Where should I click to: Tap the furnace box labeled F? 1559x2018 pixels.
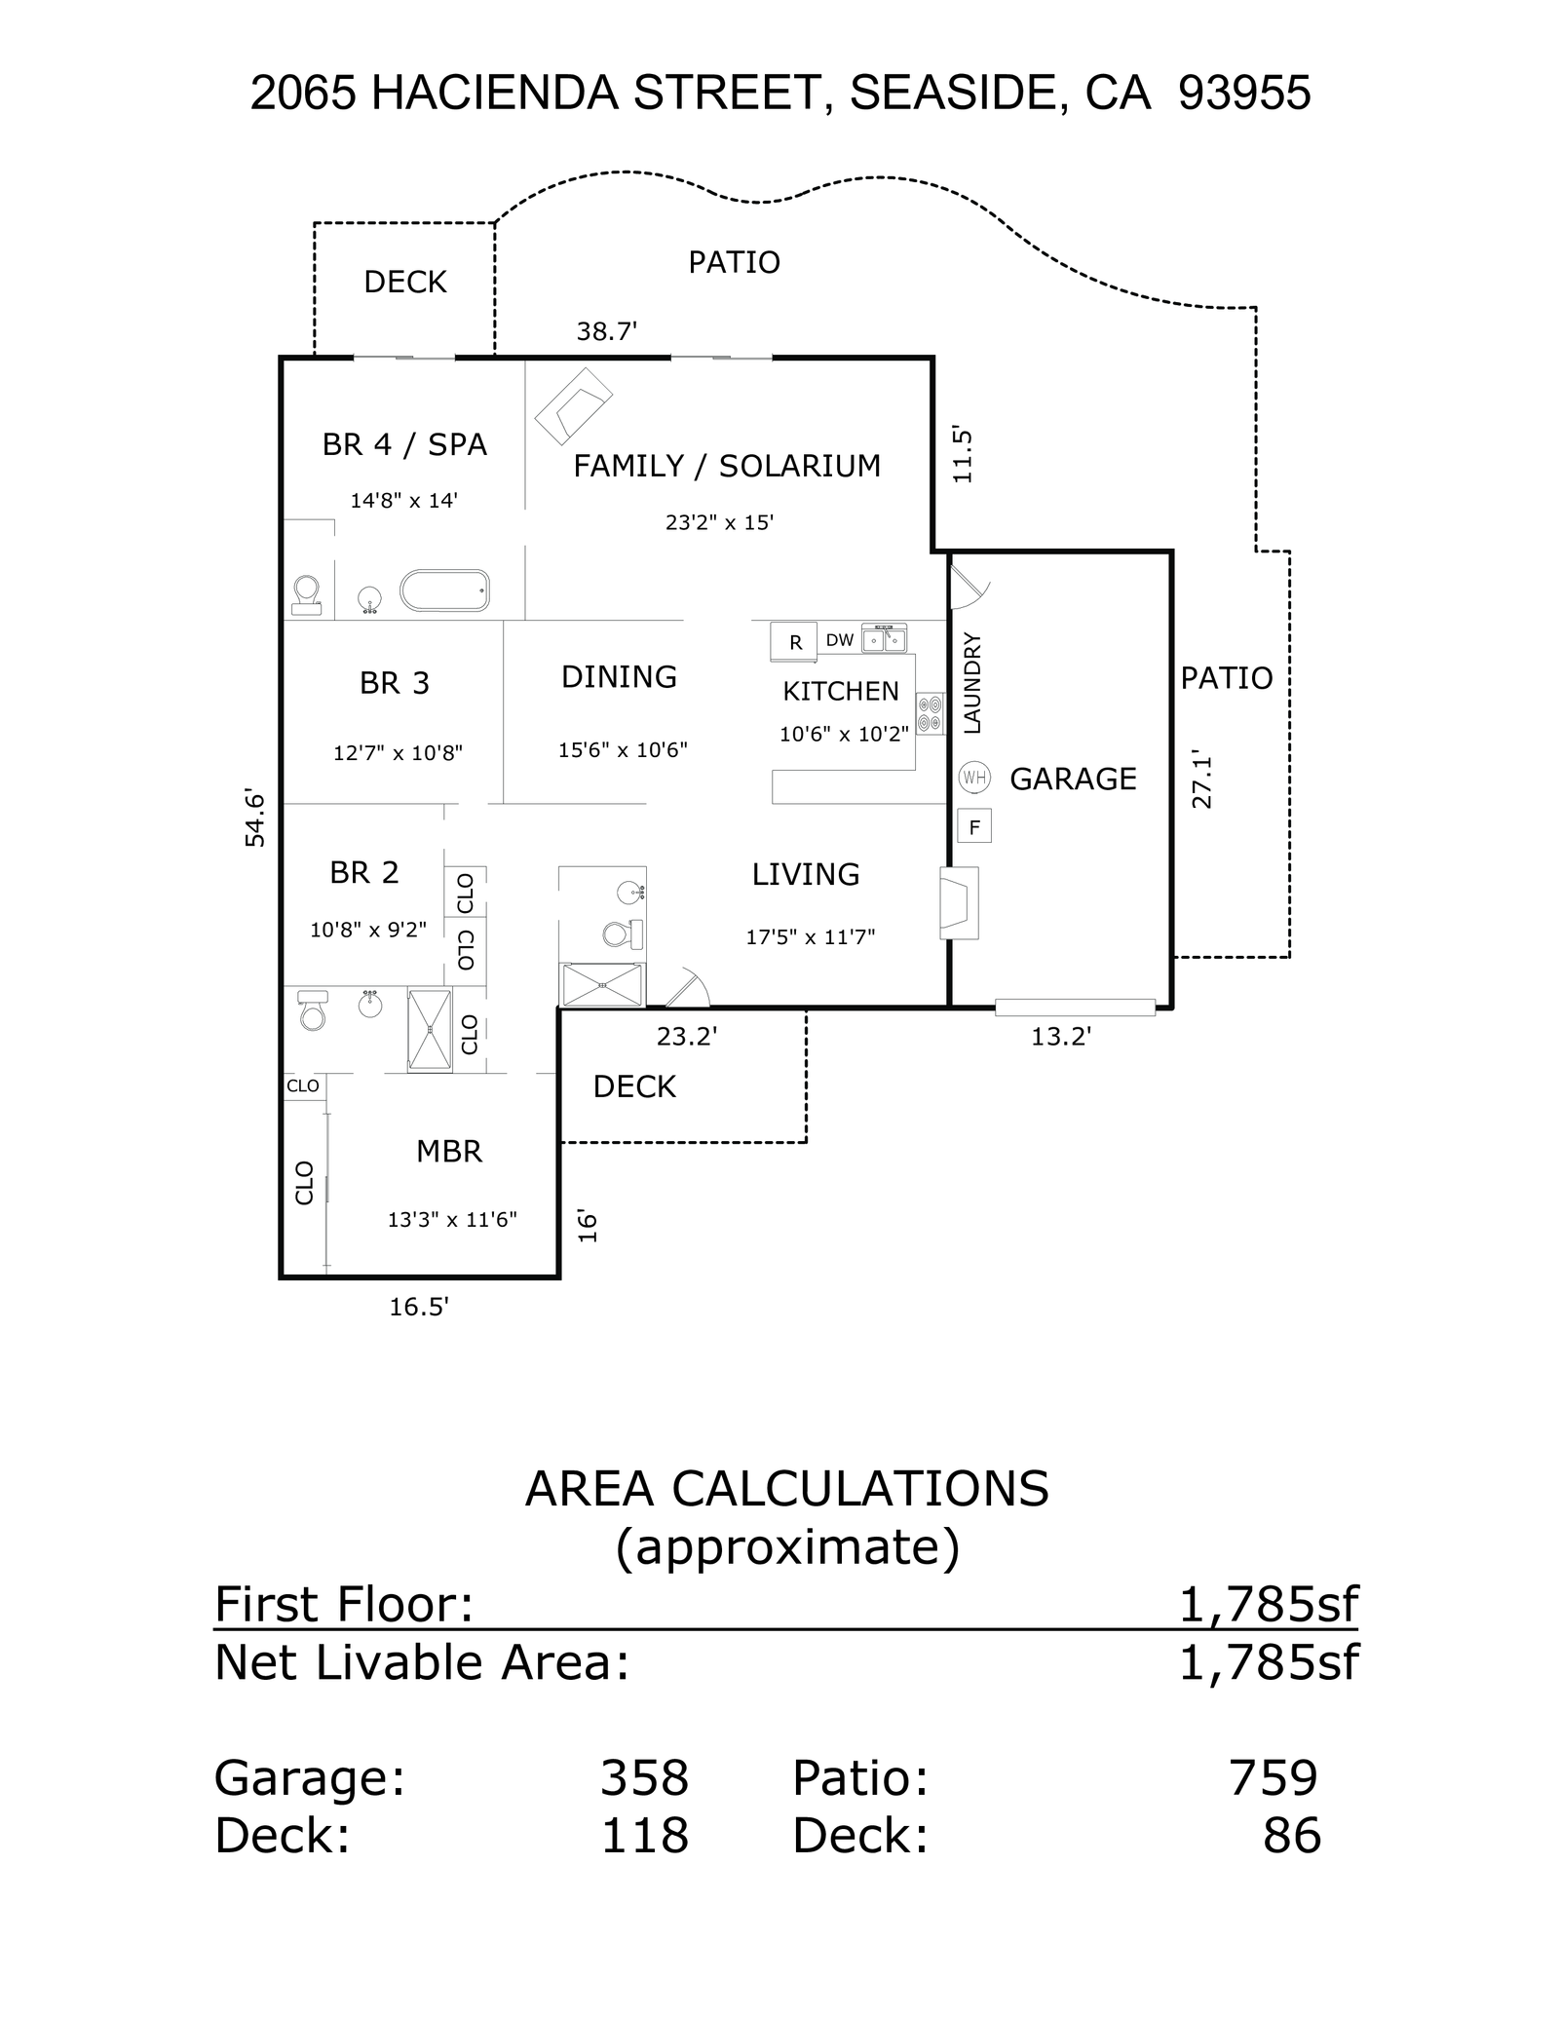point(974,827)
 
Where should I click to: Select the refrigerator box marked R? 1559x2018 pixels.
point(794,642)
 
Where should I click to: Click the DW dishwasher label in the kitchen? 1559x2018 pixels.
point(839,640)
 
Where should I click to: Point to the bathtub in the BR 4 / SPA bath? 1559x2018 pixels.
point(444,590)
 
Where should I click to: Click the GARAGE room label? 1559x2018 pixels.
point(1073,779)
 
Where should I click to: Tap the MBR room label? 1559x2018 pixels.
point(449,1151)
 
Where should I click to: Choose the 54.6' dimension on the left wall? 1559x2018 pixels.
point(254,819)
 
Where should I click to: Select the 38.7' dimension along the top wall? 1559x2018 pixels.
point(606,332)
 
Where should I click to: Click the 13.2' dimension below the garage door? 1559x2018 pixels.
point(1061,1037)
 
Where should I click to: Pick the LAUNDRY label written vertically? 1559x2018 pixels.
point(972,683)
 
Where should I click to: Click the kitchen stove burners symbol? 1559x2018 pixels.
point(930,712)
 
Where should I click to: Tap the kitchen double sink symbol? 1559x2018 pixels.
point(884,638)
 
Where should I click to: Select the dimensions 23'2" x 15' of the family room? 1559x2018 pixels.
point(719,522)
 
